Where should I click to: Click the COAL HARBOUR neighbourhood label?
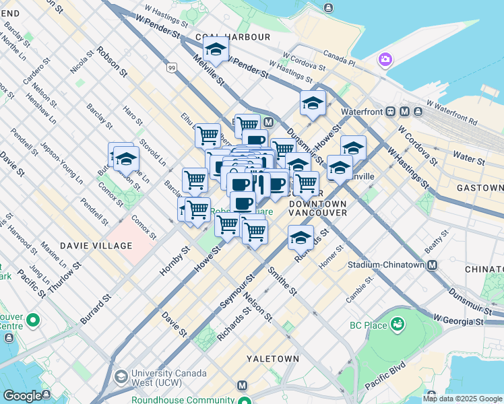coord(232,36)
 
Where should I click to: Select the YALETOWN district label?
coord(272,359)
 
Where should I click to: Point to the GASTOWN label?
coord(479,188)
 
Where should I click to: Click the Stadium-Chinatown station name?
coord(386,265)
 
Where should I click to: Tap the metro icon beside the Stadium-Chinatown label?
coord(432,265)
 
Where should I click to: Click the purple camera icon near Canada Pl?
coord(385,60)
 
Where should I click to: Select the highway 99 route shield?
coord(172,68)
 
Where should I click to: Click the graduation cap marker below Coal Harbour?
coord(216,49)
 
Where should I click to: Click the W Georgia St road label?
coord(459,319)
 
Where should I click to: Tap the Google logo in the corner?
coord(22,396)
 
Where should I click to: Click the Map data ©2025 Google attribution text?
coord(462,399)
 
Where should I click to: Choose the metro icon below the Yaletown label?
coord(242,386)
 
